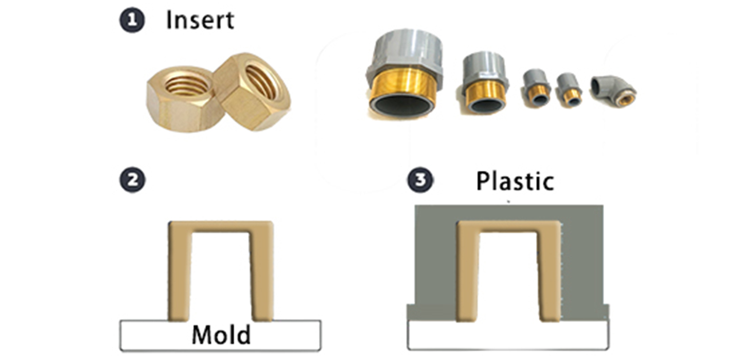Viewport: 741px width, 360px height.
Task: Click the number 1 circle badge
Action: coord(132,21)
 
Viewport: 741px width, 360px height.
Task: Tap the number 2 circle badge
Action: coord(132,180)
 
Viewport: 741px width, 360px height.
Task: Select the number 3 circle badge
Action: coord(420,180)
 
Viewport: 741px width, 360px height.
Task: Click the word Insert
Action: coord(200,20)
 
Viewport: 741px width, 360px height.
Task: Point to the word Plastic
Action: coord(515,181)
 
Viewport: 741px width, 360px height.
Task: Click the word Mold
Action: coord(221,335)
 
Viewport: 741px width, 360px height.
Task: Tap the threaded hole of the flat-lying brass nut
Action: coord(187,85)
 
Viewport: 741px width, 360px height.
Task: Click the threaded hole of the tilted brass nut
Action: coord(262,81)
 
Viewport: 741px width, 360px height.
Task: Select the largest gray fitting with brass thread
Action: coord(404,75)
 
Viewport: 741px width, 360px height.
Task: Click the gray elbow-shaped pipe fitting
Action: coord(613,91)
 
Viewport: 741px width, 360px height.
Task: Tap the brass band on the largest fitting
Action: coord(403,86)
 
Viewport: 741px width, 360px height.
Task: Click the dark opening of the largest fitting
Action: coord(402,106)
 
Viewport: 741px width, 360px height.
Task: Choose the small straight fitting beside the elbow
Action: coord(569,90)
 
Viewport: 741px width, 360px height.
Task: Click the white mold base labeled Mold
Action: coord(220,335)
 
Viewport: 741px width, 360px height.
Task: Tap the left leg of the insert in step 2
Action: coord(180,271)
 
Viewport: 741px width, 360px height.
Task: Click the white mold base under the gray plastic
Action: coord(508,335)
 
